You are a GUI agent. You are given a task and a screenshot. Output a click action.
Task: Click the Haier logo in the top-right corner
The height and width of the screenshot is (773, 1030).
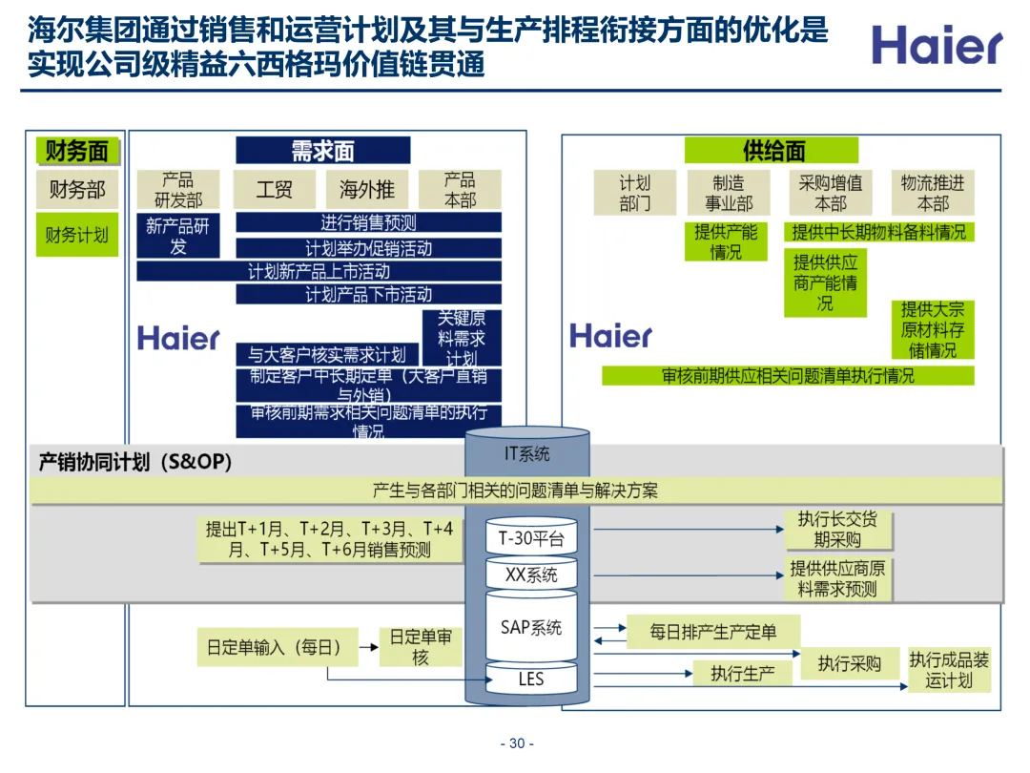coord(937,46)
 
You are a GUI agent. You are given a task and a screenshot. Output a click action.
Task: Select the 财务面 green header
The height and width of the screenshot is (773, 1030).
coord(77,151)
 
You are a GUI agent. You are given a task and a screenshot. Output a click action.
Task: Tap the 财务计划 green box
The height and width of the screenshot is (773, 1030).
coord(77,235)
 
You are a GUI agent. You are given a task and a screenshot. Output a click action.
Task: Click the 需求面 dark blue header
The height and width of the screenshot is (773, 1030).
coord(322,151)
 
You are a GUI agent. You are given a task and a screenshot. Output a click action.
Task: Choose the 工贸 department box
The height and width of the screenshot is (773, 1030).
coord(274,189)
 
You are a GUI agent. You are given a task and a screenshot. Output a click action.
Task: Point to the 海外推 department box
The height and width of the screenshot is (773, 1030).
coord(367,189)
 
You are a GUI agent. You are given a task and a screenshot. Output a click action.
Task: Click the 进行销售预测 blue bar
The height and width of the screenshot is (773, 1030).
coord(368,223)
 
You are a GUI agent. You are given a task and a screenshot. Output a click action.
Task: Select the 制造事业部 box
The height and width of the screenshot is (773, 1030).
coord(728,193)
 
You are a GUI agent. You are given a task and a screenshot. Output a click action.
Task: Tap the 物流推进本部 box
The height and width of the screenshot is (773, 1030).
coord(932,193)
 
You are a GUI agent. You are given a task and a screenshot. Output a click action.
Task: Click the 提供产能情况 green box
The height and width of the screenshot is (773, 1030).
coord(726,241)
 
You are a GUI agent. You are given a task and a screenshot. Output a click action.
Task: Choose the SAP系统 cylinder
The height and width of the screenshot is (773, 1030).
coord(531,627)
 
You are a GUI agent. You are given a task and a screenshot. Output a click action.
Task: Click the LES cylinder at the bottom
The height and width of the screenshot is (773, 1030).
coord(531,679)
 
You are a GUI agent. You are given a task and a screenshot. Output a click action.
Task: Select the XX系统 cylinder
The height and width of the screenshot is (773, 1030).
coord(531,575)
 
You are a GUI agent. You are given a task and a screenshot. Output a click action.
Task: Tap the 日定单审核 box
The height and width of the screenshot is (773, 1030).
coord(421,648)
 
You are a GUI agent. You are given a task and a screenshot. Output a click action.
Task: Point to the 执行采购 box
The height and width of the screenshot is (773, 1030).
coord(849,663)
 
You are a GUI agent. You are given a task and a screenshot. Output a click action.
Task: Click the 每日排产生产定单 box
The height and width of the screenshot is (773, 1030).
coord(713,632)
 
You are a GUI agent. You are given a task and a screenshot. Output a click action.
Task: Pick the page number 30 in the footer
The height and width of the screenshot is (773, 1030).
coord(517,744)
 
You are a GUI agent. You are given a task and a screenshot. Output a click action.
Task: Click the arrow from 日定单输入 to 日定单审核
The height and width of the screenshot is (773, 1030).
coord(368,647)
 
